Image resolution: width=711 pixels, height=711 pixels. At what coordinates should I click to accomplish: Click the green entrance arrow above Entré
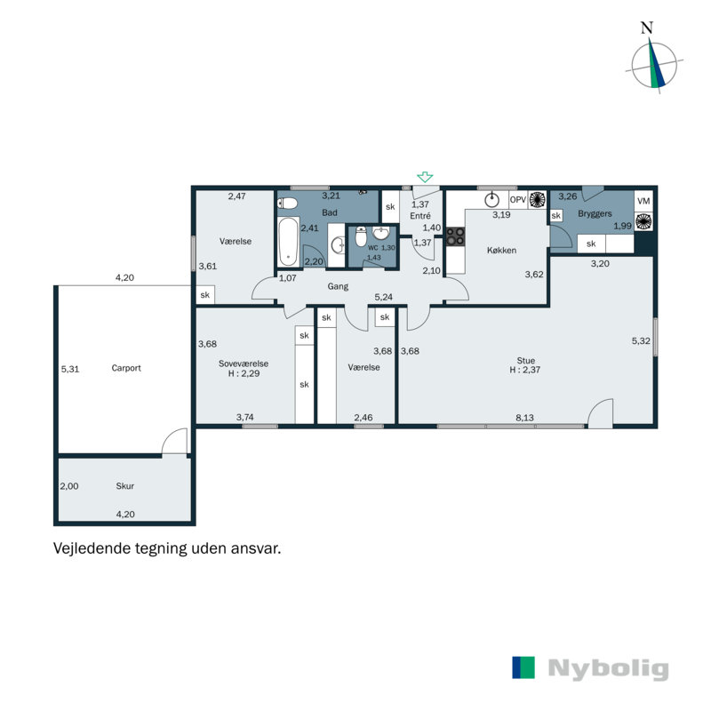pos(425,177)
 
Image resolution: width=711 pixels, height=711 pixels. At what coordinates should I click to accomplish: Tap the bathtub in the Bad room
pos(288,242)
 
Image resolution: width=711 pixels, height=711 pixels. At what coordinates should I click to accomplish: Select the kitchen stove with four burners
pos(455,236)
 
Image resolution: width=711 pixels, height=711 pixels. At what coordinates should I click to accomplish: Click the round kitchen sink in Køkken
pos(491,199)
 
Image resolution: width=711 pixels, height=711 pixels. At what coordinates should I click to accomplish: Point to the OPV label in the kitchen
pos(518,199)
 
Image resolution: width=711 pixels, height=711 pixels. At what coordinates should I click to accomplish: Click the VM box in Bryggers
pos(643,201)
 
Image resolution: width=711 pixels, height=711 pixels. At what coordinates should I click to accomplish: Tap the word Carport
pos(126,368)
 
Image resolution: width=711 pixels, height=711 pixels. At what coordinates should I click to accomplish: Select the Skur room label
pos(124,486)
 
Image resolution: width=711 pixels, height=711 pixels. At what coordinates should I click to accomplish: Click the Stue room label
pos(525,361)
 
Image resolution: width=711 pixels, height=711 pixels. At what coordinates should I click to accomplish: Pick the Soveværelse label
pos(244,363)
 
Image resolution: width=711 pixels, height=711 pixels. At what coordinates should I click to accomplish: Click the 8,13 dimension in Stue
pos(524,418)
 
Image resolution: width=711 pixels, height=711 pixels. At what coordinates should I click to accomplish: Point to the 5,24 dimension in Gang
pos(384,297)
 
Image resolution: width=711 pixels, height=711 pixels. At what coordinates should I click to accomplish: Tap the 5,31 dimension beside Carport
pos(70,369)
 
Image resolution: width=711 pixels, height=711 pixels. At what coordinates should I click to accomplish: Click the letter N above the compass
pos(647,28)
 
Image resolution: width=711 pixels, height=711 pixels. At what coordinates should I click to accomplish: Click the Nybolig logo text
pos(608,668)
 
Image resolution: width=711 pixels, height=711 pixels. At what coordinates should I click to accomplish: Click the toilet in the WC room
pos(361,236)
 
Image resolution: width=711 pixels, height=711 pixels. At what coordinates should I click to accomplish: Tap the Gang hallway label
pos(338,286)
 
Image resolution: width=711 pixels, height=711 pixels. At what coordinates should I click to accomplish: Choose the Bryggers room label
pos(595,213)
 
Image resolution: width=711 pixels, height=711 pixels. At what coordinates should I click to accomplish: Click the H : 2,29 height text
pos(244,373)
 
